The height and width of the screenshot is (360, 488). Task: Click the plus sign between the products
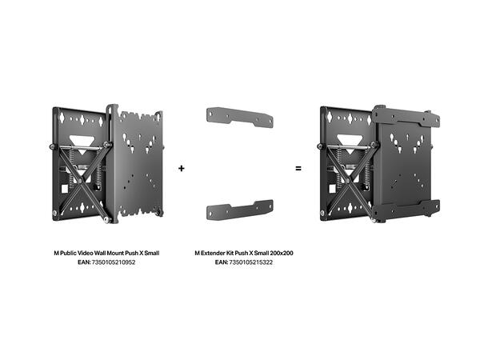182,169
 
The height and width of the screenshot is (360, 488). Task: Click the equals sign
298,169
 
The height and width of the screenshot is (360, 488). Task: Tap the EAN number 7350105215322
252,262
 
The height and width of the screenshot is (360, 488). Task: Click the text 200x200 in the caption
280,253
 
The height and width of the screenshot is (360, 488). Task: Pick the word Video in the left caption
87,253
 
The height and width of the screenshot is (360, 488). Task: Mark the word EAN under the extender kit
222,262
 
